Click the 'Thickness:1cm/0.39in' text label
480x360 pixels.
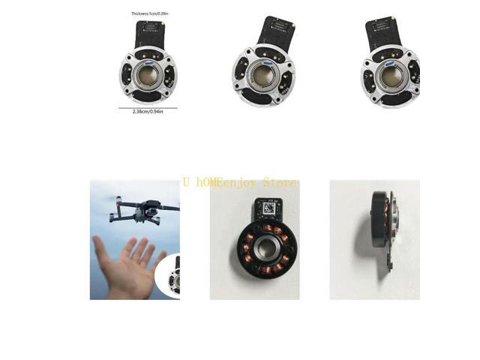tap(151, 13)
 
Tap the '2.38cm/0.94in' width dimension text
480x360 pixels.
tap(148, 112)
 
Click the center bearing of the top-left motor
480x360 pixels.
tap(147, 73)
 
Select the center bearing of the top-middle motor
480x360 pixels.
tap(263, 75)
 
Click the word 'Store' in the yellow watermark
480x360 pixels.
tap(280, 183)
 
